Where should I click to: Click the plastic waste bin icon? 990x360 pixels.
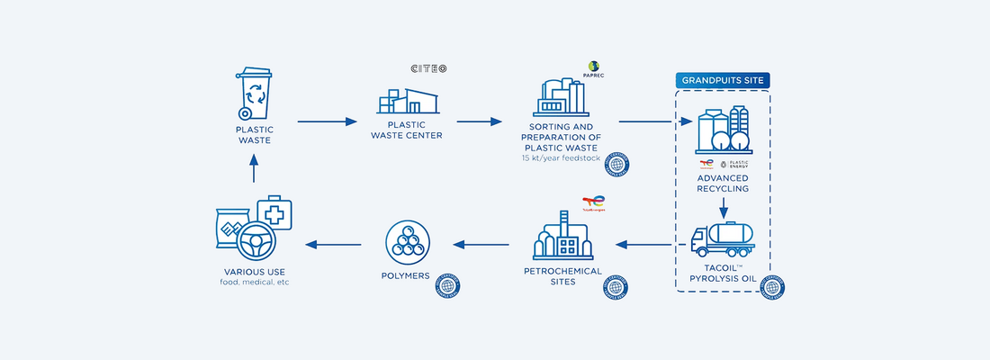coord(254,93)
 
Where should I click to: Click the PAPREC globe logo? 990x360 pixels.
coord(594,67)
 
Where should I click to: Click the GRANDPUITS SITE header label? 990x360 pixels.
coord(723,80)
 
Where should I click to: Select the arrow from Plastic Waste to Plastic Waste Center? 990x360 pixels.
coord(327,121)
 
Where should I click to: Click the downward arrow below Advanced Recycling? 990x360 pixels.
coord(723,208)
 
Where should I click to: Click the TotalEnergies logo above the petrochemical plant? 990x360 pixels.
coord(593,204)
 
